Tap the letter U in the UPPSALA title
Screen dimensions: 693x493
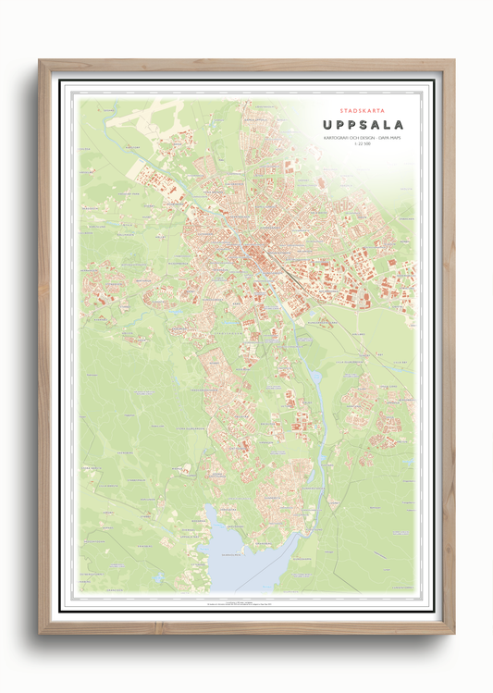coord(326,124)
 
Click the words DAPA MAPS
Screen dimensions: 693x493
coord(392,139)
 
